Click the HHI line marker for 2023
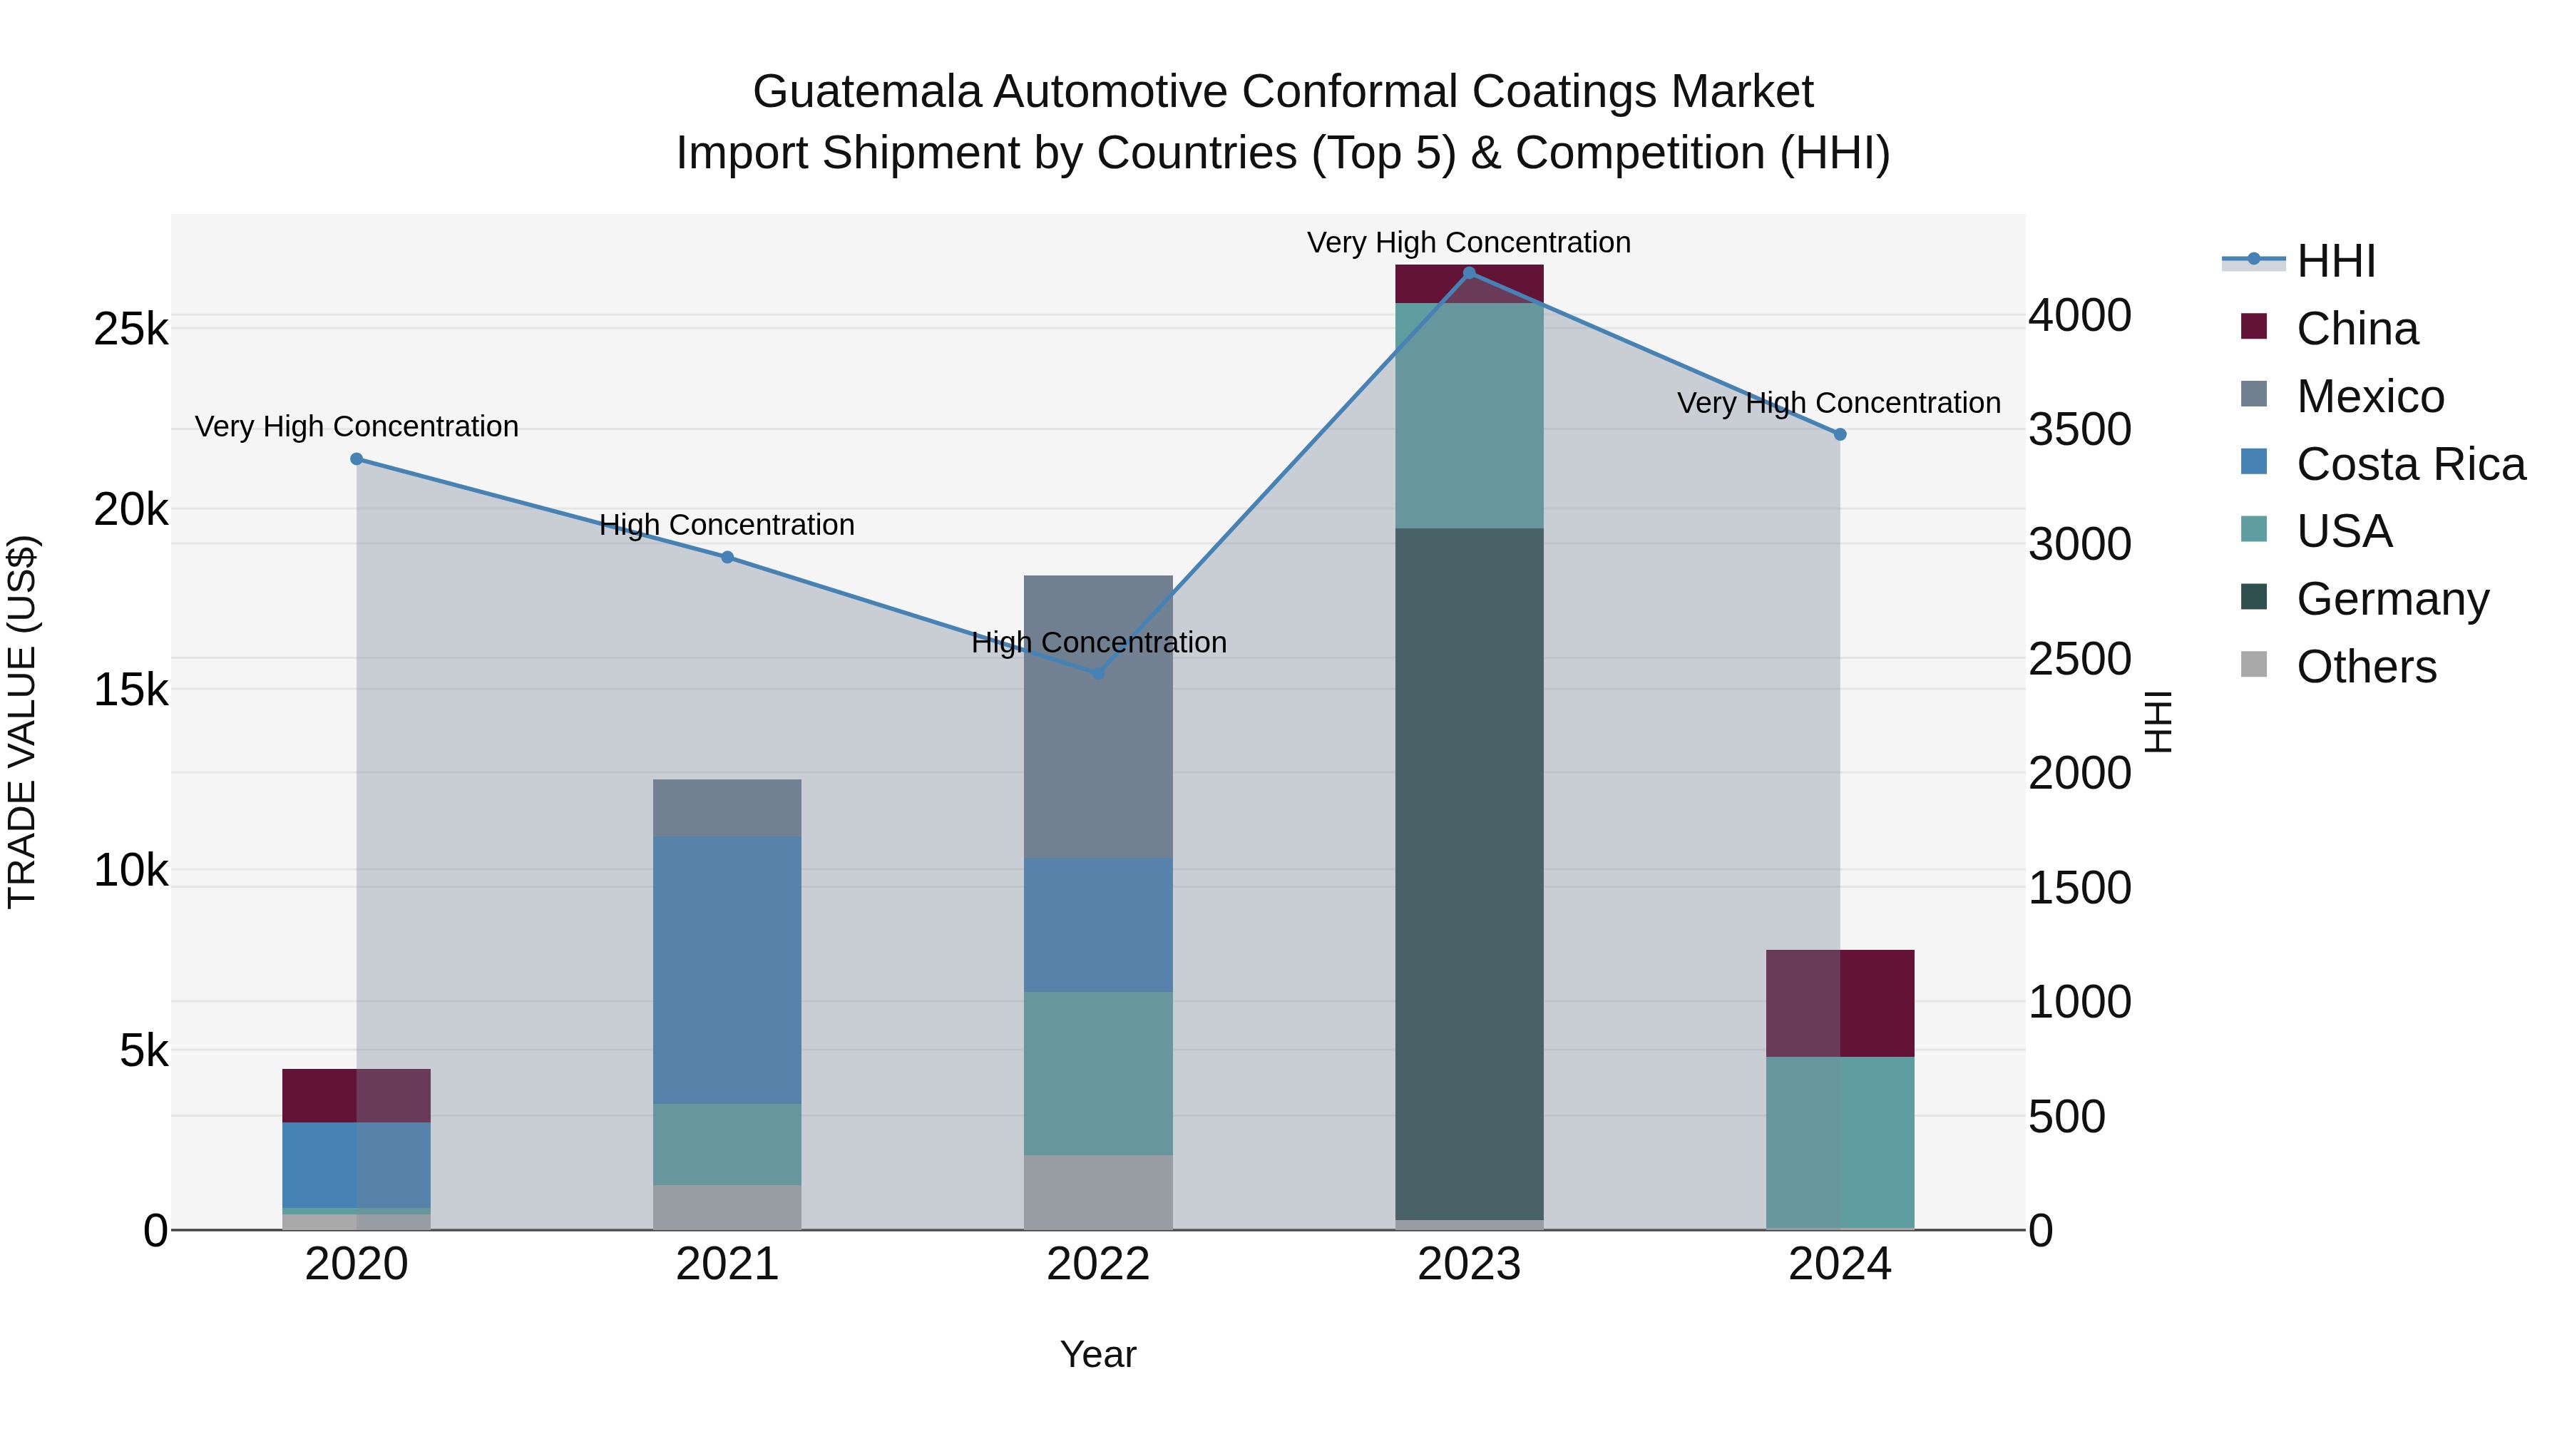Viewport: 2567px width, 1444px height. point(1468,273)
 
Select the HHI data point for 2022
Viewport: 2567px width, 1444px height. point(1098,674)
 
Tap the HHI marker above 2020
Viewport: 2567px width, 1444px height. point(357,459)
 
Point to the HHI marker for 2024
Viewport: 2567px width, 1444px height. point(1840,434)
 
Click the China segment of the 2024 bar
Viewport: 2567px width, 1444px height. point(1840,1003)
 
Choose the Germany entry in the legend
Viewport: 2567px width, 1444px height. point(2392,599)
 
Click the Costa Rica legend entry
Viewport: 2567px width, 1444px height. point(2409,464)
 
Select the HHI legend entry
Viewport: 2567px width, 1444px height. point(2335,261)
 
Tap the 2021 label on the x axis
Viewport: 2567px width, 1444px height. point(727,1264)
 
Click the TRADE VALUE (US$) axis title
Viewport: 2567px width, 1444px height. point(22,722)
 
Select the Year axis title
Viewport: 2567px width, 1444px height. point(1097,1354)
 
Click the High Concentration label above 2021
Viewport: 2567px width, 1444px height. point(727,525)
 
